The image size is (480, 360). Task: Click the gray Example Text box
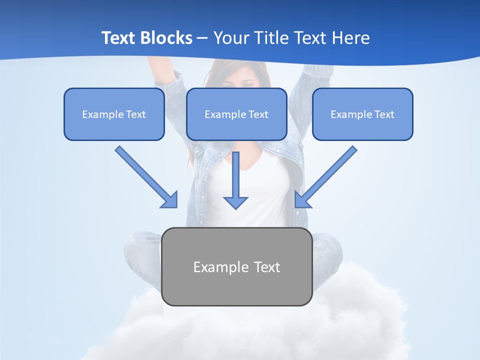236,287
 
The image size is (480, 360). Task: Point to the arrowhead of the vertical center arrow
235,202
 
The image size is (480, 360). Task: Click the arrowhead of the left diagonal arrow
170,200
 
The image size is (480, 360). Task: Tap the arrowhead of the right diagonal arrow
302,200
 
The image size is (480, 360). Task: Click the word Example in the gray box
214,267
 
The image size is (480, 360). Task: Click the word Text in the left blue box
136,114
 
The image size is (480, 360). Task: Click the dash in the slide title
202,38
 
